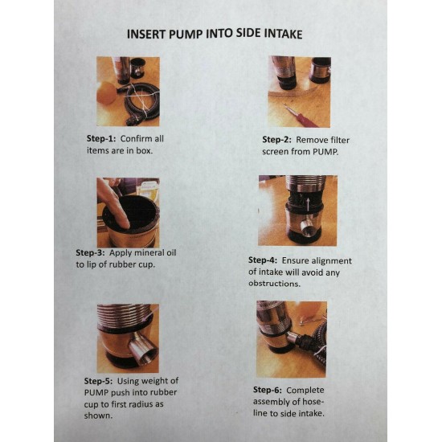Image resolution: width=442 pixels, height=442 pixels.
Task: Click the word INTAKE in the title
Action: click(x=283, y=34)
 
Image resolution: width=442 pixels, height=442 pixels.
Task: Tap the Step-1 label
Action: click(x=101, y=139)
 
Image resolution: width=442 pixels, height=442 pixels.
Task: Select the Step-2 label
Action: click(x=276, y=140)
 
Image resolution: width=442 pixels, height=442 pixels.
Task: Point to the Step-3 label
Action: click(x=90, y=253)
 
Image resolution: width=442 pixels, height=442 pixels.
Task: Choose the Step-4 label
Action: click(x=263, y=260)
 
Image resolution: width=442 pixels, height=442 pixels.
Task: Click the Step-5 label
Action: click(x=98, y=381)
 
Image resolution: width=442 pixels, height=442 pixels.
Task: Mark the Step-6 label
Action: click(x=268, y=390)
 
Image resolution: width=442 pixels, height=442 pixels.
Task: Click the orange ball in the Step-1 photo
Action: click(x=106, y=92)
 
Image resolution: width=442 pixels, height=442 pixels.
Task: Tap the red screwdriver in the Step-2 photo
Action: click(x=301, y=117)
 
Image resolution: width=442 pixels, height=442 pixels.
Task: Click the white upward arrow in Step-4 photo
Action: click(x=309, y=204)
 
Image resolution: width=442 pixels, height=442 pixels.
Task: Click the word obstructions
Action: click(x=274, y=284)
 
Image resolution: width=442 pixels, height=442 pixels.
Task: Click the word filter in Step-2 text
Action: click(x=339, y=140)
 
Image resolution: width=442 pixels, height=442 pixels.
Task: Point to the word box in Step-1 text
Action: click(x=145, y=150)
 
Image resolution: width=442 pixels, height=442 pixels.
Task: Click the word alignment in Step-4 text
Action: click(x=330, y=261)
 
